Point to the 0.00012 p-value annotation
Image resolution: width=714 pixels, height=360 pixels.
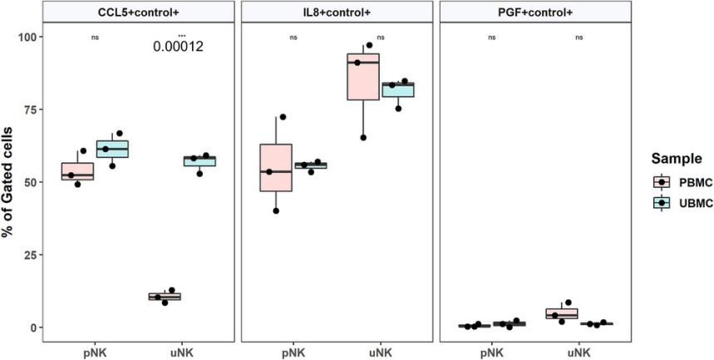point(179,47)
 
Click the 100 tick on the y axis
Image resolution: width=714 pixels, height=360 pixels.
point(27,37)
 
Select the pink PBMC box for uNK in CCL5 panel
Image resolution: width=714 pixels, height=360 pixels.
point(164,297)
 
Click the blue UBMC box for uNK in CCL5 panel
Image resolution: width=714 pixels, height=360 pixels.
point(199,160)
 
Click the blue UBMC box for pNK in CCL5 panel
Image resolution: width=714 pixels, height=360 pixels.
point(112,149)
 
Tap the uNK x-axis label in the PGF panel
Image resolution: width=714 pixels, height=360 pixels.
point(580,352)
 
